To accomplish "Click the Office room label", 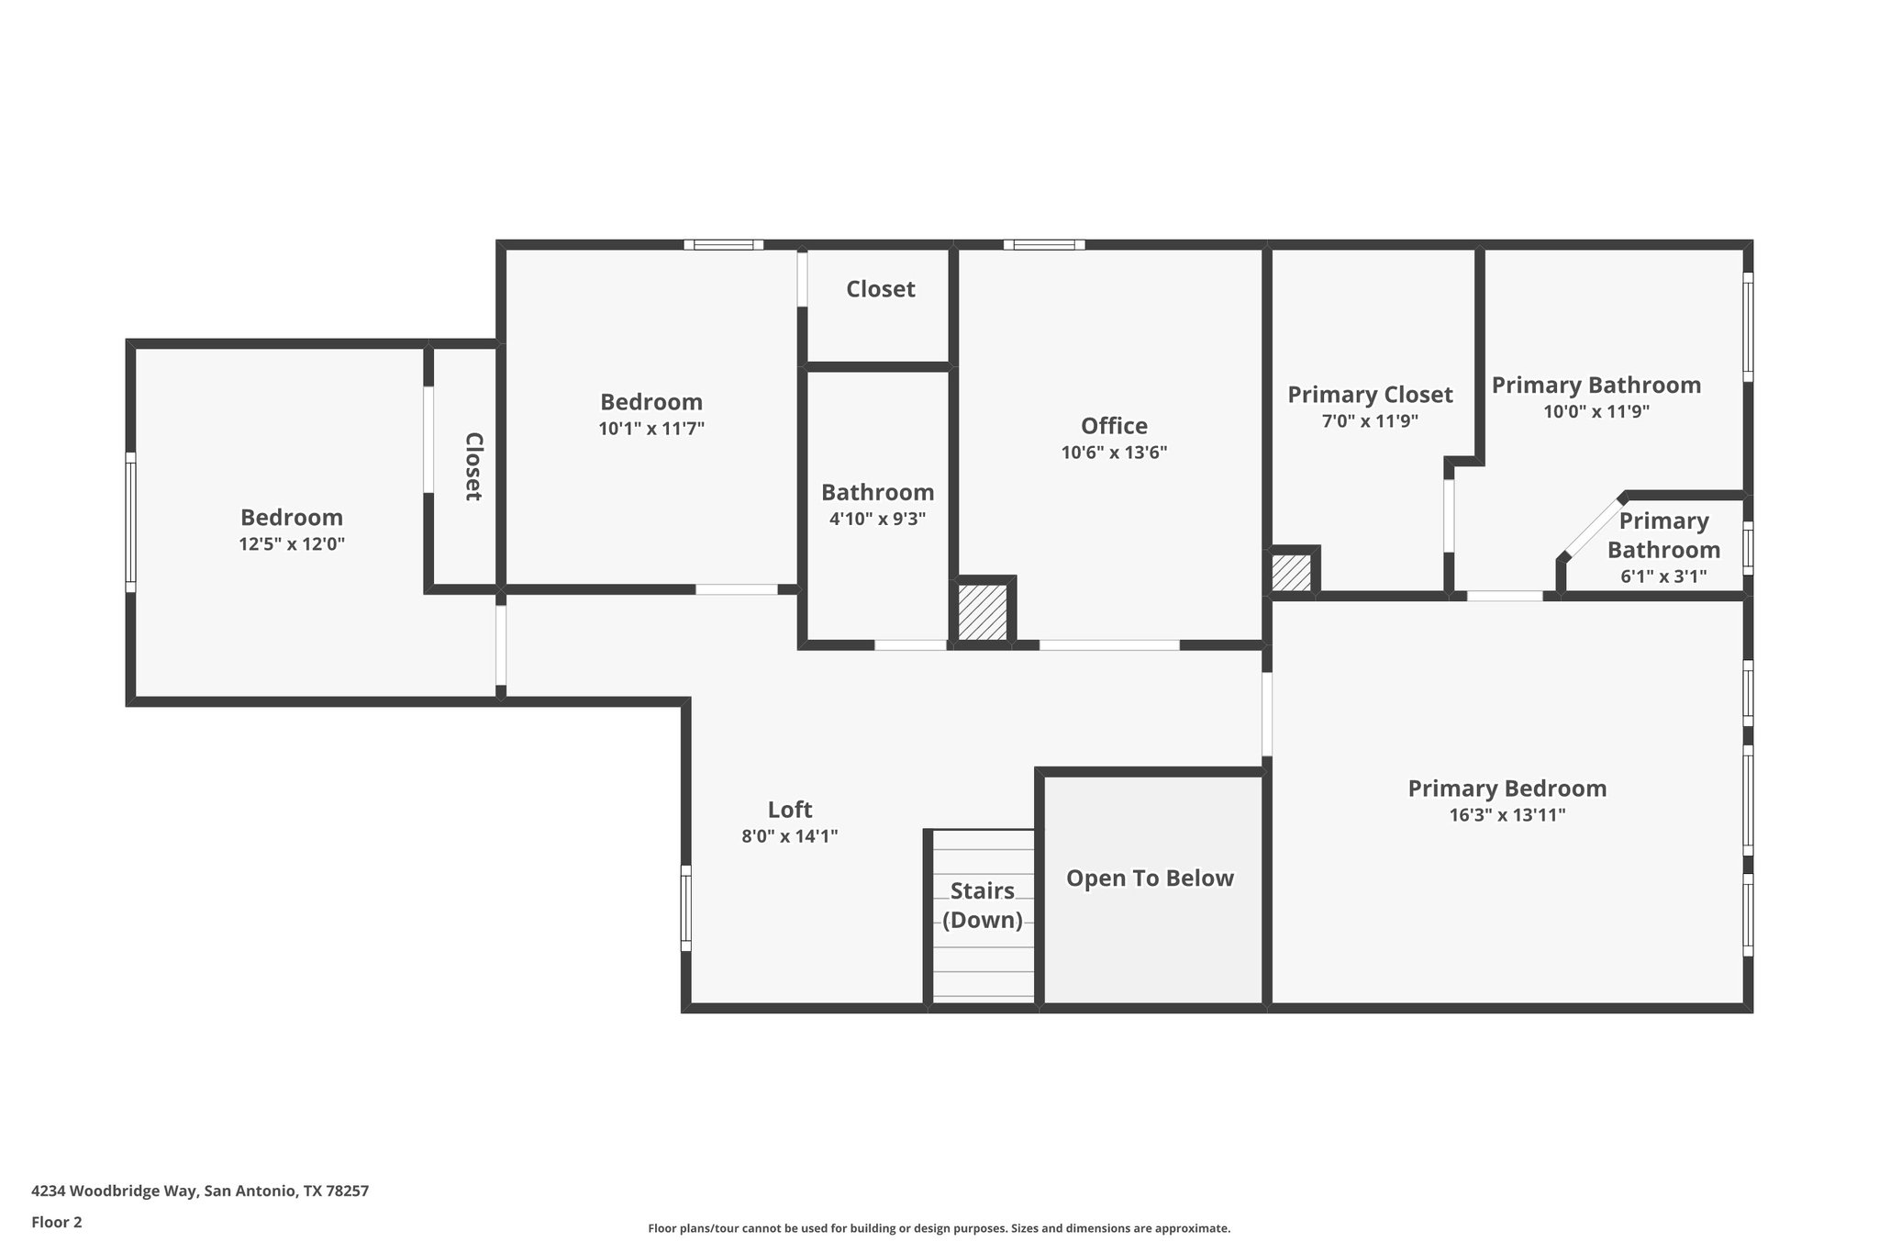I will tap(1114, 426).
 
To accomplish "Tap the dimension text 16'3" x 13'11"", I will tap(1507, 815).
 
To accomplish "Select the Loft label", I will tap(789, 810).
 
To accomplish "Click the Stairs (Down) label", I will tap(982, 905).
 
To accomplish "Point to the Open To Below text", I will tap(1150, 878).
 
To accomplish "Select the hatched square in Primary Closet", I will tap(1291, 573).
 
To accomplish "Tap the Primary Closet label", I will tap(1370, 395).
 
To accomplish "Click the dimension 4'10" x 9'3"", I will tap(877, 519).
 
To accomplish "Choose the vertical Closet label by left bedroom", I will tap(473, 466).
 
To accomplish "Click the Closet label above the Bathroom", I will tap(880, 289).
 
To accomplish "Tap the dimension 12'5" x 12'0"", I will tap(292, 544).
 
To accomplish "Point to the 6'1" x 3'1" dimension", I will tap(1663, 576).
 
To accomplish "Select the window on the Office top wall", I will tap(1043, 245).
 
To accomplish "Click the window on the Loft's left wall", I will tap(685, 908).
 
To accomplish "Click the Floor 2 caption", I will tap(57, 1222).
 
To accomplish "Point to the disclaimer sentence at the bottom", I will tap(939, 1228).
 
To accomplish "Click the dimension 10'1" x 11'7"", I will tap(651, 429).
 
